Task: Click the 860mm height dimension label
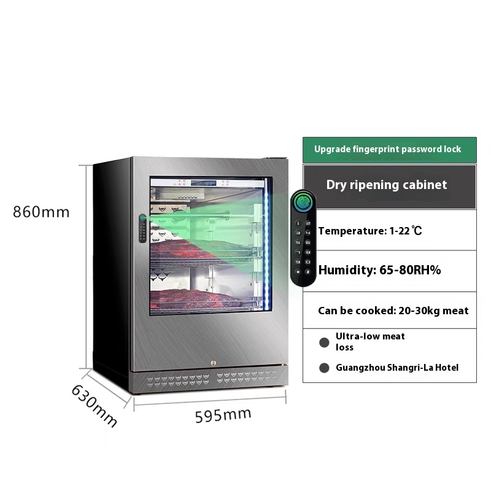click(42, 212)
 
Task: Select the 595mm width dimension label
click(223, 415)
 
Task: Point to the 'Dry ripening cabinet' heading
click(387, 185)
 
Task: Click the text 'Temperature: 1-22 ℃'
click(370, 231)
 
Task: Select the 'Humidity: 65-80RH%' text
click(379, 269)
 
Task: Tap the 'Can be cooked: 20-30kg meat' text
click(393, 311)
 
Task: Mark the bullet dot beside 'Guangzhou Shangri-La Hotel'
click(324, 368)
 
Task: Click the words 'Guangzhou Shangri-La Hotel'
click(397, 368)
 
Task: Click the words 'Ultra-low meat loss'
click(370, 341)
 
